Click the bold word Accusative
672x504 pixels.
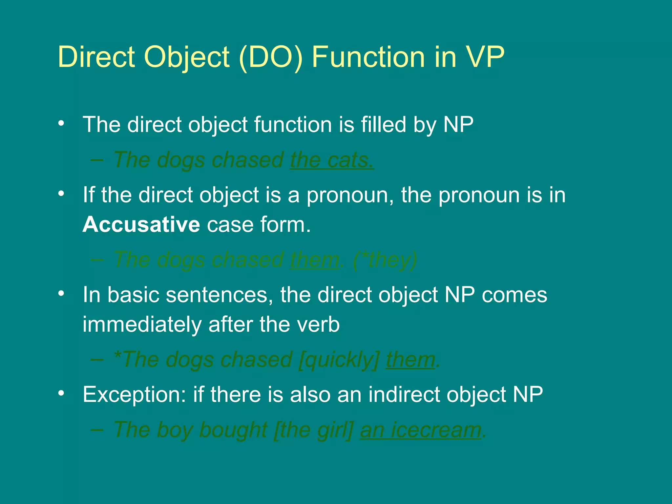tap(141, 225)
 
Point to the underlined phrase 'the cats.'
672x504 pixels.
tap(331, 160)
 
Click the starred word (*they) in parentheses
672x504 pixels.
tap(385, 260)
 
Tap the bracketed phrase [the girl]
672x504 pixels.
tap(314, 430)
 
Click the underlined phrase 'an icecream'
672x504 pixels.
tap(421, 430)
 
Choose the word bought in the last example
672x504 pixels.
tap(233, 430)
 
